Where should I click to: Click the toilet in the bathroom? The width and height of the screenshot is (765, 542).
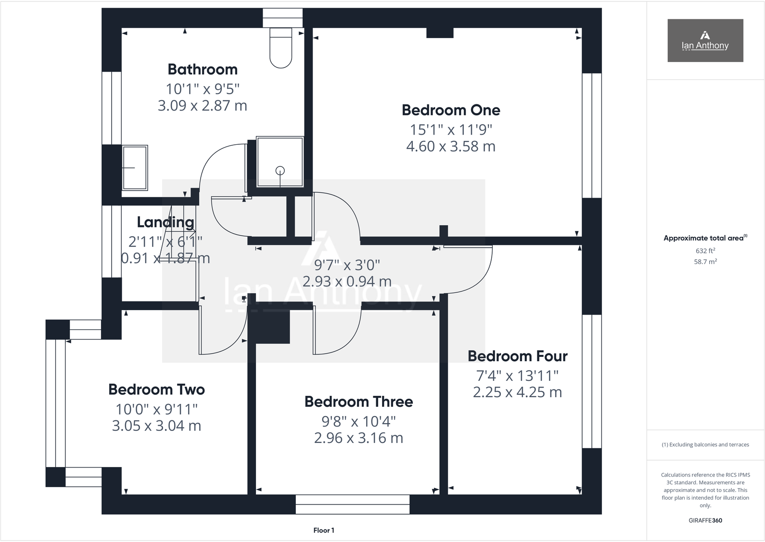(281, 48)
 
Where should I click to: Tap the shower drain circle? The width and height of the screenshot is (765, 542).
(280, 170)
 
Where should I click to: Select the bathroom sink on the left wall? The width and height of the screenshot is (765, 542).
(135, 168)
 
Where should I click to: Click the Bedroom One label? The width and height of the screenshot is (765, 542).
(451, 110)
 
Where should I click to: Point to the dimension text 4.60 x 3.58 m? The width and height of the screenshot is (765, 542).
(451, 146)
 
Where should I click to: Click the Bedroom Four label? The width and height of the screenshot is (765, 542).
(517, 356)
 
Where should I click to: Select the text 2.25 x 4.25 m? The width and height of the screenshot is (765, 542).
(517, 392)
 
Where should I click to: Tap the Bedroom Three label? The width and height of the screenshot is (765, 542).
(358, 402)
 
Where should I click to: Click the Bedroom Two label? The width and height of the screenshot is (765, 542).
(156, 389)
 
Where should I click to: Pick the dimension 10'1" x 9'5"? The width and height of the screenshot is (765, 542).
(203, 89)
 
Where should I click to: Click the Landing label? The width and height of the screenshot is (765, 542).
(166, 222)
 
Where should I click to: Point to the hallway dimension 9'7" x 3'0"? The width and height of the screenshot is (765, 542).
(347, 265)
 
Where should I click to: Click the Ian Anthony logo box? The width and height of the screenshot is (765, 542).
(705, 40)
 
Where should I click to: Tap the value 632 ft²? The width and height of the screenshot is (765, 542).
(705, 251)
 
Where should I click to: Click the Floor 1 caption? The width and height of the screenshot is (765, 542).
(323, 530)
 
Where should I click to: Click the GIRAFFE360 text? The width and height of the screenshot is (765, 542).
(705, 520)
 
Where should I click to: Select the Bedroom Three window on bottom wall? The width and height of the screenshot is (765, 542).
(352, 504)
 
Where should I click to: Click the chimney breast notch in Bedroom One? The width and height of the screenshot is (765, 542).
(440, 33)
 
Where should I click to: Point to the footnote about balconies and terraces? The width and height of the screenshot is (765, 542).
(705, 444)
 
